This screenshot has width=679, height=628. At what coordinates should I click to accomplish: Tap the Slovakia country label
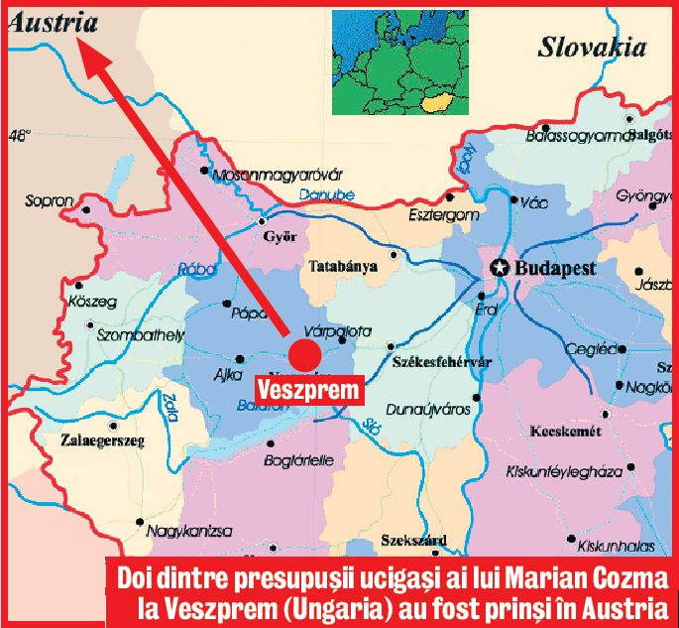[x=591, y=47]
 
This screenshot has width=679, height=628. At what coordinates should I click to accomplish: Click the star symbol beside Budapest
[x=500, y=268]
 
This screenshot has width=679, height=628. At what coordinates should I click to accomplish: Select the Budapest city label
[x=555, y=269]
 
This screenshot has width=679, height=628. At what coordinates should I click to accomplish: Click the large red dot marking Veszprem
[x=305, y=355]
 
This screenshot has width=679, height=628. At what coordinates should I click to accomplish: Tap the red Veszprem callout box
[x=314, y=390]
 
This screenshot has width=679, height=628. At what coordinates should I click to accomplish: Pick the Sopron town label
[x=50, y=201]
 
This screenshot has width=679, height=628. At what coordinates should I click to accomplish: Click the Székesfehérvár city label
[x=441, y=362]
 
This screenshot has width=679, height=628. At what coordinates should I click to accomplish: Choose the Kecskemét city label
[x=567, y=434]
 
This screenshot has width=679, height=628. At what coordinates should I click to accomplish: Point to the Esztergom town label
[x=444, y=214]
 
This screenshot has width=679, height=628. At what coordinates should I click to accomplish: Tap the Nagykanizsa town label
[x=188, y=532]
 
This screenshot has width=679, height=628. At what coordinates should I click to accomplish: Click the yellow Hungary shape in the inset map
[x=434, y=99]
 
